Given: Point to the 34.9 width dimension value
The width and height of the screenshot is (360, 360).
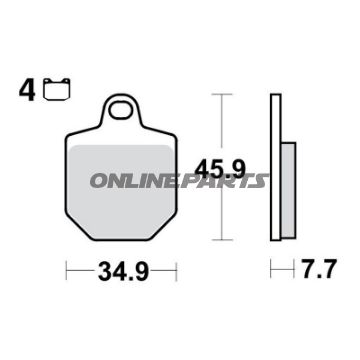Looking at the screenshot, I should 121,269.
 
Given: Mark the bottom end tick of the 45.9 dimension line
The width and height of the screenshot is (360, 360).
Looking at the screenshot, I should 222,240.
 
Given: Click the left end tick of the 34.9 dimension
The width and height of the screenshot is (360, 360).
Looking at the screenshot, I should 67,269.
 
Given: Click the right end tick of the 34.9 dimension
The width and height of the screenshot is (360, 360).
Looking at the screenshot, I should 177,269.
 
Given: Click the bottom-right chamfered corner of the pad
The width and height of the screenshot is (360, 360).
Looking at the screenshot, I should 167,229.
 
